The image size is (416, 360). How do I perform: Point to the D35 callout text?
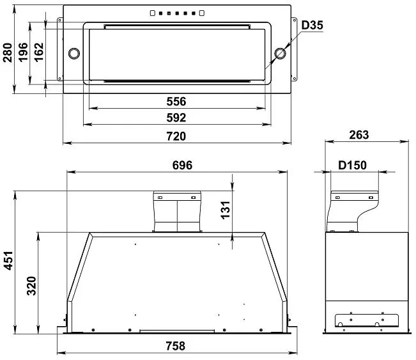click(x=312, y=26)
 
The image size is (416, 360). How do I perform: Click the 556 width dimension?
click(x=176, y=102)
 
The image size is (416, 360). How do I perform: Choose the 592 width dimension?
click(x=176, y=118)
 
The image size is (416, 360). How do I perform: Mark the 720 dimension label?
click(x=176, y=136)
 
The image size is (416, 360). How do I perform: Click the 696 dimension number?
click(x=182, y=165)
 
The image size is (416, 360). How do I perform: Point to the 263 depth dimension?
click(x=360, y=136)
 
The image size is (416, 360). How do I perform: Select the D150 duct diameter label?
click(x=352, y=165)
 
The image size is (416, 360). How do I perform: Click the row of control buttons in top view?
click(x=176, y=13)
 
